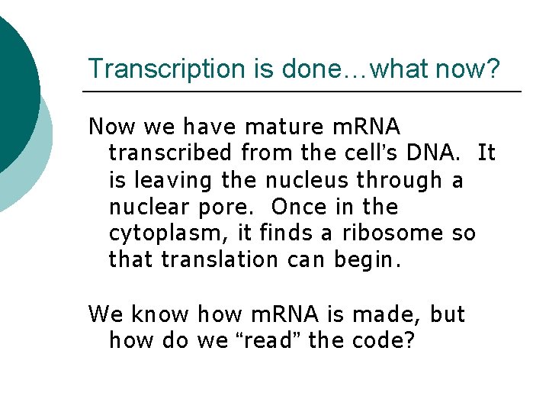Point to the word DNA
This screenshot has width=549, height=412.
point(434,153)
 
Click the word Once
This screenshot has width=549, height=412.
point(297,207)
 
